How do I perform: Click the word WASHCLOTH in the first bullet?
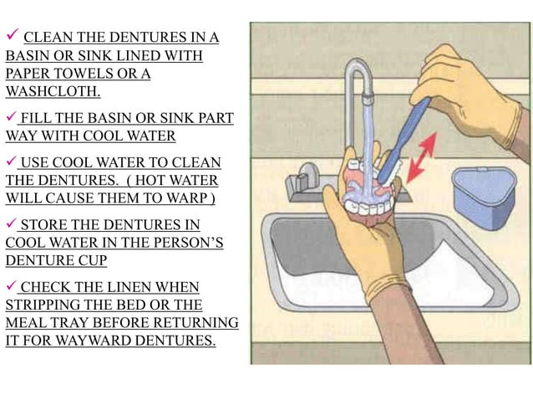tap(53, 91)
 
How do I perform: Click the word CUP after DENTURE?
tap(93, 260)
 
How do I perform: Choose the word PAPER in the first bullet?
tap(28, 74)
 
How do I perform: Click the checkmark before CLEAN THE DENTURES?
tap(13, 34)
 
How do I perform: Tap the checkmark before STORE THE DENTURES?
tap(11, 223)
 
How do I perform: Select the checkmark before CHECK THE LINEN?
tap(11, 285)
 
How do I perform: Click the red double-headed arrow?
tap(422, 157)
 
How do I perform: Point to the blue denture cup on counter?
tap(484, 197)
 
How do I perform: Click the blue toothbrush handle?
tap(404, 139)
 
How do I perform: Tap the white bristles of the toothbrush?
tap(394, 173)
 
